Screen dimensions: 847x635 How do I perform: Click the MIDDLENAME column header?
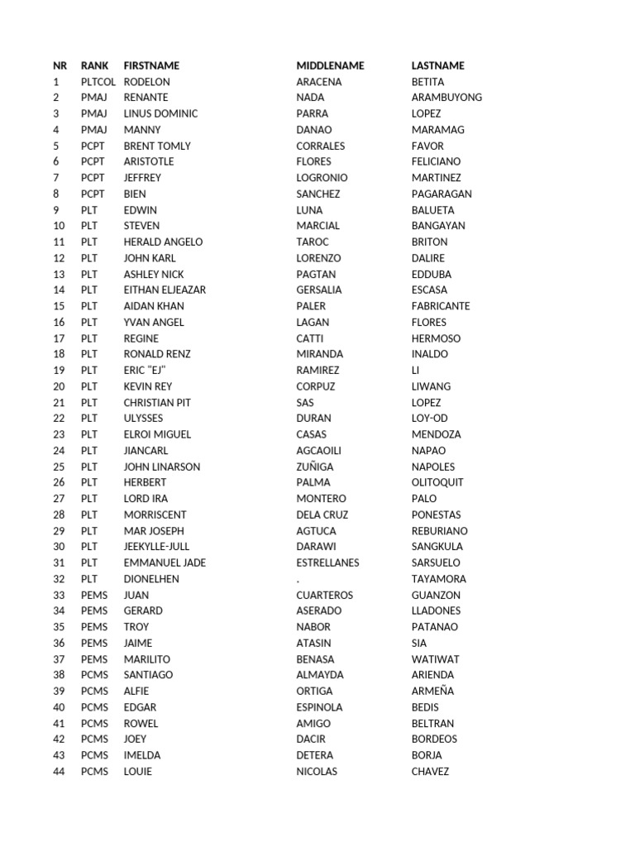330,65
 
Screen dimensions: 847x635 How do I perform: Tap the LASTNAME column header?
437,65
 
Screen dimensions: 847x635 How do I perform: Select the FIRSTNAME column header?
151,65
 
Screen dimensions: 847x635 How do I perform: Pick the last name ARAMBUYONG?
446,98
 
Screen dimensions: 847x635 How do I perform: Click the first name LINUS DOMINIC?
160,113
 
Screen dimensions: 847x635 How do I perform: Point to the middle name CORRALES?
321,146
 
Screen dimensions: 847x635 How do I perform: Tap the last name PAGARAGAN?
442,194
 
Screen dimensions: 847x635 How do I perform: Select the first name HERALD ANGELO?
163,242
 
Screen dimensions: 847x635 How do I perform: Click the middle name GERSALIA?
319,290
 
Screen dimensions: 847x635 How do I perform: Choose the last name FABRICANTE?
441,306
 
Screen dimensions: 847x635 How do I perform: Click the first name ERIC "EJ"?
145,371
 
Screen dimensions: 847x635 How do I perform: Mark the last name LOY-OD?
429,419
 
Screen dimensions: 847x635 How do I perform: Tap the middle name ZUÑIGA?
315,467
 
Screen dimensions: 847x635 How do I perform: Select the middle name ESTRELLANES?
327,562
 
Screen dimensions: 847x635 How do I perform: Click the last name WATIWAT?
435,659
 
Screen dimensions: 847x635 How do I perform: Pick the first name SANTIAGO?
148,675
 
